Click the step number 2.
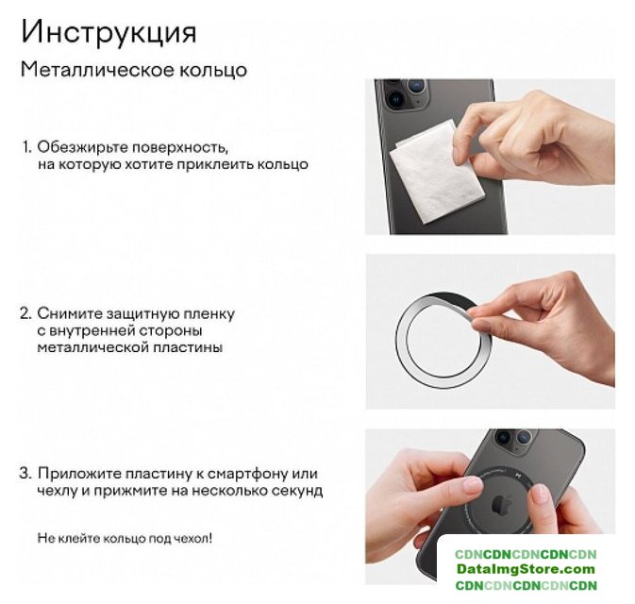(25, 314)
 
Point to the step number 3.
(25, 474)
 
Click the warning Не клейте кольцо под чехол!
(125, 538)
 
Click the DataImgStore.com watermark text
(526, 569)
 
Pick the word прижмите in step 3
(130, 492)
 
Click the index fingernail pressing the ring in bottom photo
(472, 484)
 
